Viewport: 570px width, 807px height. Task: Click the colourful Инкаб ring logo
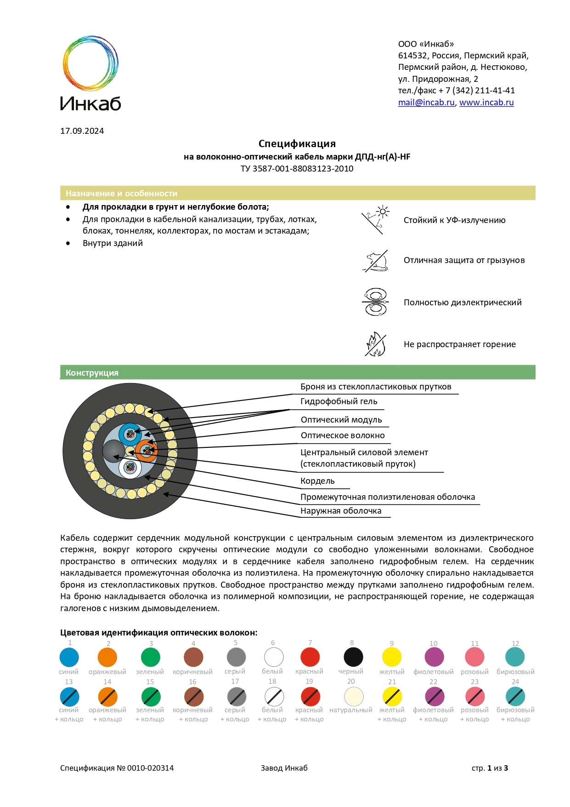point(90,63)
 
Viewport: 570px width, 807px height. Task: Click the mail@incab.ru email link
point(426,103)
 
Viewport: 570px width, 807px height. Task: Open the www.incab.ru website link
point(486,103)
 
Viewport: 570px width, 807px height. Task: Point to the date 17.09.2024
point(82,131)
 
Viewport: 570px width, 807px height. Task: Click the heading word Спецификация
point(297,144)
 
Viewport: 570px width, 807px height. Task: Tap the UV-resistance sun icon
point(376,220)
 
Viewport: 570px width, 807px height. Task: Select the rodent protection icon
point(376,261)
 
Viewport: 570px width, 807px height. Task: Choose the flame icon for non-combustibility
point(376,344)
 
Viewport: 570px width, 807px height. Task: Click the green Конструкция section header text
point(92,373)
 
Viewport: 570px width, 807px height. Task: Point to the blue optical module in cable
point(130,434)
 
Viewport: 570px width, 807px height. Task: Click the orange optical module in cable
point(147,451)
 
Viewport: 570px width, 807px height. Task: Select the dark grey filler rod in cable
point(113,451)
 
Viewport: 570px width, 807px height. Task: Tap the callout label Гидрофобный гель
point(339,401)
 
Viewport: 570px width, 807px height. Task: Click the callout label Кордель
point(317,481)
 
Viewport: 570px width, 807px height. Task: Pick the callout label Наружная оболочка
point(340,511)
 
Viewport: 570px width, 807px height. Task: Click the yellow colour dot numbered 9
point(392,657)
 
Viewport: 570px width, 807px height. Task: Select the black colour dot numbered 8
point(353,657)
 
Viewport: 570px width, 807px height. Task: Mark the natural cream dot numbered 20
point(354,696)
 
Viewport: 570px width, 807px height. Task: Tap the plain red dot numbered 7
point(310,657)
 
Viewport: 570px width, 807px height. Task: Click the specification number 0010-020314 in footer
point(150,768)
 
